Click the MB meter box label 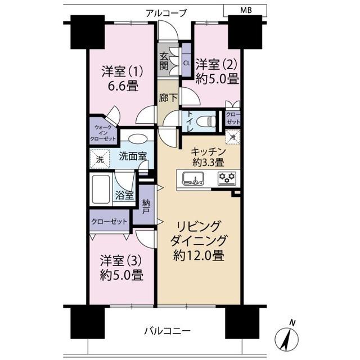point(246,10)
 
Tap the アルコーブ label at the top point(166,13)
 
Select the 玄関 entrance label point(164,61)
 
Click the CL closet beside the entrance point(186,63)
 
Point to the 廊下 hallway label point(168,98)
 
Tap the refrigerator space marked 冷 point(232,137)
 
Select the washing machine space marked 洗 point(100,159)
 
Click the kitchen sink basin point(193,178)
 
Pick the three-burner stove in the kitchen point(227,178)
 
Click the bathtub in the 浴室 point(101,190)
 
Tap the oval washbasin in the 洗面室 point(137,139)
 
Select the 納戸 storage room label point(146,206)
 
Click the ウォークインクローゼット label point(103,133)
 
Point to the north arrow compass point(286,337)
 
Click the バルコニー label point(167,331)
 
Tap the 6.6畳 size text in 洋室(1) point(123,86)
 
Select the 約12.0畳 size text point(199,255)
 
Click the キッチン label point(208,151)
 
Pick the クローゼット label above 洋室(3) point(109,222)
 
